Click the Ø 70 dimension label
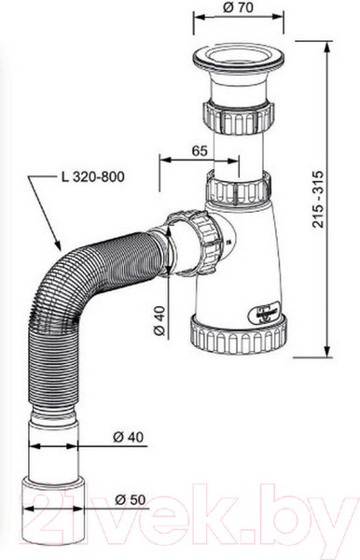coord(238,7)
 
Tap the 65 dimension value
coord(200,150)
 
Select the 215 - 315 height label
coord(318,200)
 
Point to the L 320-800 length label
coord(92,176)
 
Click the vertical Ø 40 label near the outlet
coord(160,320)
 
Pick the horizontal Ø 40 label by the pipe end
coord(128,437)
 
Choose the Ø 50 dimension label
coord(131,499)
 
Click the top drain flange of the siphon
coord(239,57)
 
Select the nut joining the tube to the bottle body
coord(239,189)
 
